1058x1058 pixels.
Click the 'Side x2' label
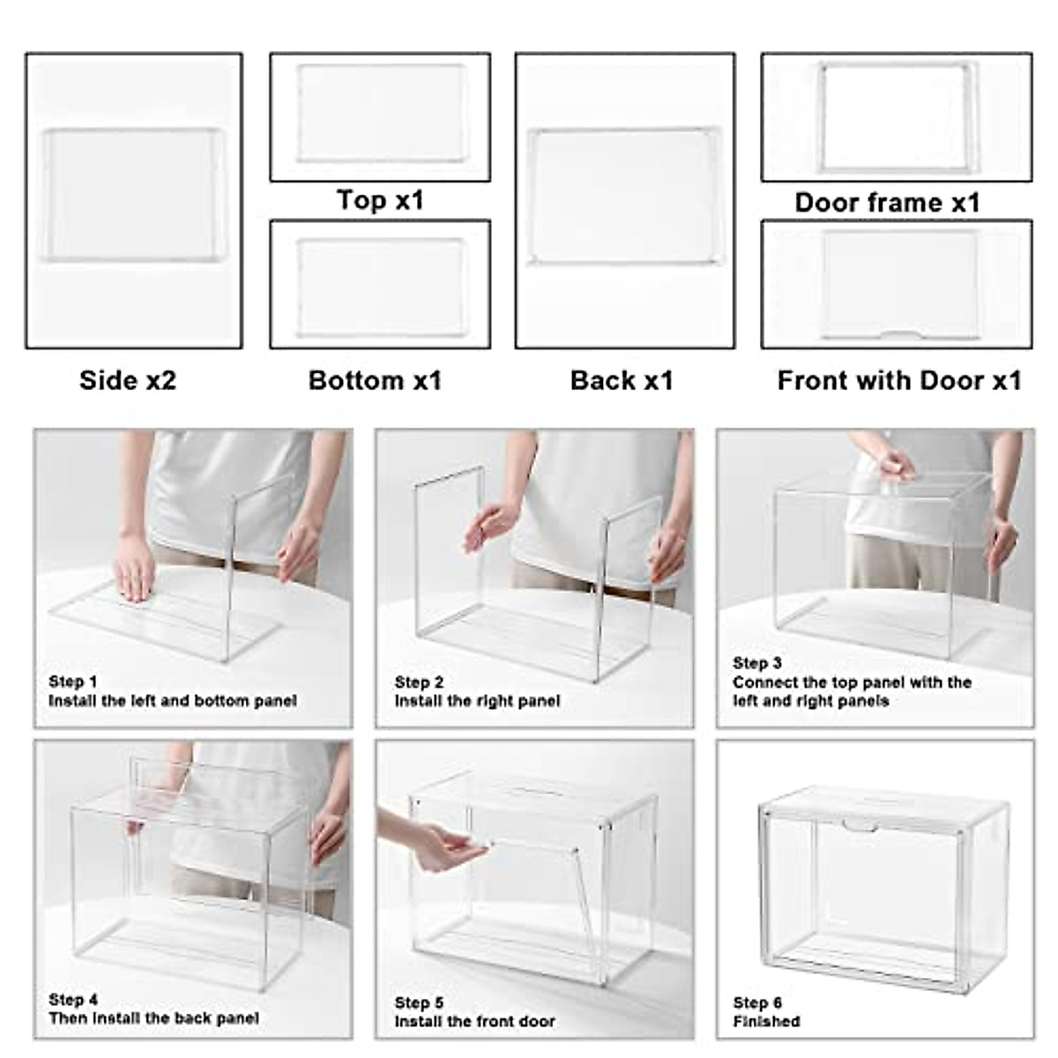pos(128,380)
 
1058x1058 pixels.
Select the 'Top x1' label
pos(380,200)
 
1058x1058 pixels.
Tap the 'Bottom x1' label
pos(375,380)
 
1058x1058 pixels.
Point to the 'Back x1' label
pos(622,380)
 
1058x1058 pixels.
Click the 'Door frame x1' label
pos(887,202)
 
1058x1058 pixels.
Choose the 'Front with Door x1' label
pos(899,380)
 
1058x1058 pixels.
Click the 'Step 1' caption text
pos(73,682)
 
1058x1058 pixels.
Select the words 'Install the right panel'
pos(477,701)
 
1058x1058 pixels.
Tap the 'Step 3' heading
pos(756,663)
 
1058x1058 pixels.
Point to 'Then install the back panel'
pos(153,1017)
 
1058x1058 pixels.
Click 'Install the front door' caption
pos(474,1021)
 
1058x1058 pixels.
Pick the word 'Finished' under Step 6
pos(766,1021)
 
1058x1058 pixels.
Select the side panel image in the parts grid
pos(133,196)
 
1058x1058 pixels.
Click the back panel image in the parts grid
pos(624,197)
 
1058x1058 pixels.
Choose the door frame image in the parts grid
pos(897,116)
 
